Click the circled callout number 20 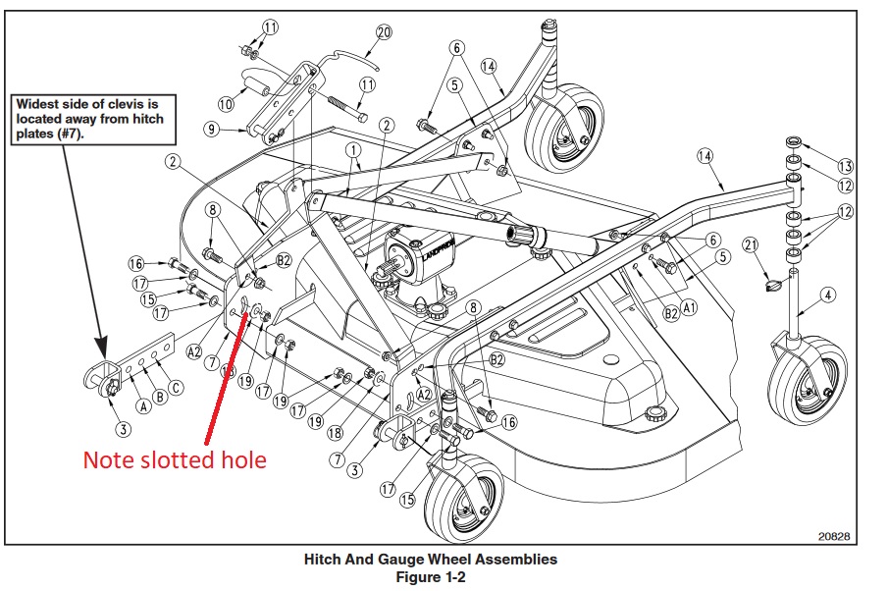click(383, 31)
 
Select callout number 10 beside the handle click(225, 102)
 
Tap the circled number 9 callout click(211, 129)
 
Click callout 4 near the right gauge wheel click(827, 295)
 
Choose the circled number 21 click(752, 244)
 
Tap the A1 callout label click(689, 306)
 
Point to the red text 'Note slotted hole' click(175, 459)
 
